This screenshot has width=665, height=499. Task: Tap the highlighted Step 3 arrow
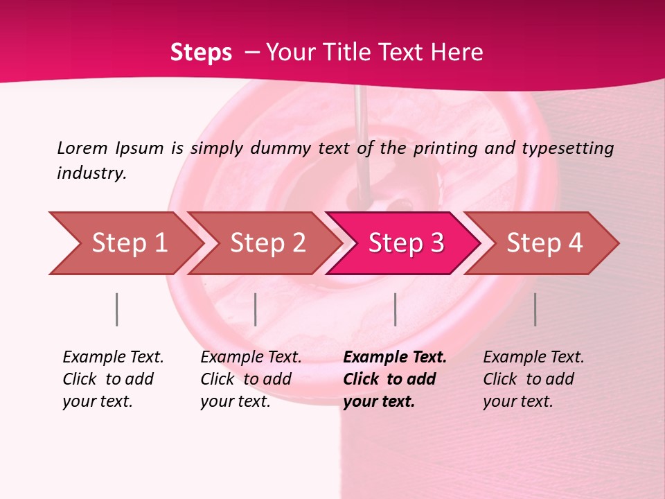(x=405, y=243)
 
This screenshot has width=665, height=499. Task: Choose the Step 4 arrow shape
(x=544, y=243)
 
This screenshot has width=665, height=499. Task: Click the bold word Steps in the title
(x=201, y=52)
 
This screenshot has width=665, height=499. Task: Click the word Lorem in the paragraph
(x=82, y=148)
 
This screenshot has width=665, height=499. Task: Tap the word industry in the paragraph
(x=91, y=173)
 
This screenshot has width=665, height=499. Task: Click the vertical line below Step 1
(x=116, y=309)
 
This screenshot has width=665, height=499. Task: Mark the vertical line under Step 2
(x=256, y=309)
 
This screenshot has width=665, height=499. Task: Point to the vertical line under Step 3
(x=395, y=309)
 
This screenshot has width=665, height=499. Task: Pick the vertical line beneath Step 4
(x=535, y=309)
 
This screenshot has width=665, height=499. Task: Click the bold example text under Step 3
(x=393, y=379)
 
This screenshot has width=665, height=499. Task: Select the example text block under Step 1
(x=112, y=379)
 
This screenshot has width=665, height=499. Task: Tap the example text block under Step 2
(x=250, y=379)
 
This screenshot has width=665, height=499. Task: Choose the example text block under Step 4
(x=533, y=379)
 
